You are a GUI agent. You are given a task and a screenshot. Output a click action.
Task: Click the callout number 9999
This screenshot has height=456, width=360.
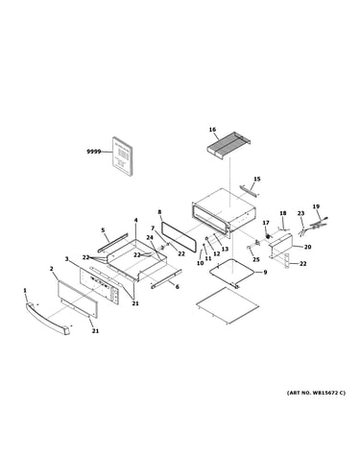[94, 152]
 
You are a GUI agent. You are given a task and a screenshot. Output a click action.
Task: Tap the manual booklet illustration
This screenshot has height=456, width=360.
[122, 156]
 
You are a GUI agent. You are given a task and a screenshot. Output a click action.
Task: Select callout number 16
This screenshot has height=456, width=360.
[212, 130]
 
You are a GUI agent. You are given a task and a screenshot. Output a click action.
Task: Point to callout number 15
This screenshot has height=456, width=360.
[257, 179]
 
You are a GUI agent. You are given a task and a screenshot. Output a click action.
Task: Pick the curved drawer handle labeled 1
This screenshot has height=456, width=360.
[48, 318]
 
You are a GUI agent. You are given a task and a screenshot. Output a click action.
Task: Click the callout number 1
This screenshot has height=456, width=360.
[25, 290]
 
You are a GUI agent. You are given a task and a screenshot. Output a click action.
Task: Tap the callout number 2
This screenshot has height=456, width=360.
[51, 269]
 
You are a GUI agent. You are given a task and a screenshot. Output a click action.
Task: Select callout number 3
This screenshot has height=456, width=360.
[66, 258]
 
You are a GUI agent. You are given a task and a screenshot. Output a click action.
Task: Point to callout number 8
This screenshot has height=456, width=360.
[159, 212]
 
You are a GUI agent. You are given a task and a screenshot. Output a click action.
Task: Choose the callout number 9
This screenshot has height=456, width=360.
[265, 273]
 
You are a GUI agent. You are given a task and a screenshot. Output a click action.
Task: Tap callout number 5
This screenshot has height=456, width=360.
[103, 229]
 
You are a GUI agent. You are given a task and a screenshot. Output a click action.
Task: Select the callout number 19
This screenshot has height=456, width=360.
[316, 206]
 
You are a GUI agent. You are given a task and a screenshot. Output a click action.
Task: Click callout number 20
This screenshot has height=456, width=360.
[307, 247]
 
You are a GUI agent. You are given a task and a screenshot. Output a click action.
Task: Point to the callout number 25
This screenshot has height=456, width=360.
[256, 259]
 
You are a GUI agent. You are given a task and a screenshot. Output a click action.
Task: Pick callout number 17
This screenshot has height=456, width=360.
[266, 223]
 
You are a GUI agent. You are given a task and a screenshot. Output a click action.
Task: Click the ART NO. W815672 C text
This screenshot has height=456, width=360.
[316, 393]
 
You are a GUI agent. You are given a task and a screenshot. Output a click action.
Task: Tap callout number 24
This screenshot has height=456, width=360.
[150, 237]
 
